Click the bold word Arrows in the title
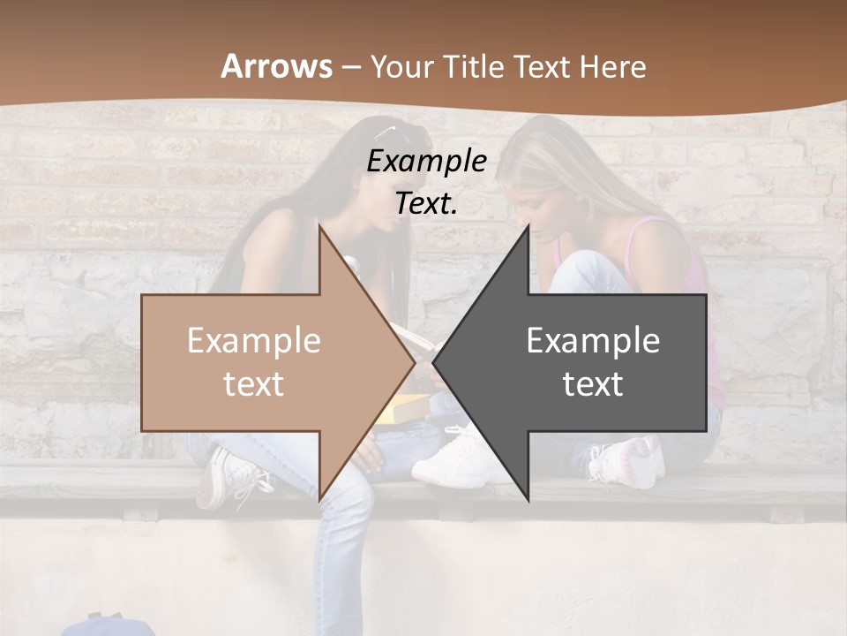click(x=277, y=66)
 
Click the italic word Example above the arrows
click(x=426, y=161)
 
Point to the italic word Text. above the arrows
click(x=426, y=204)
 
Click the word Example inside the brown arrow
click(x=253, y=341)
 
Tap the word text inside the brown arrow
click(x=253, y=384)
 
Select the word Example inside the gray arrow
click(x=593, y=341)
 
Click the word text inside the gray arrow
click(x=593, y=384)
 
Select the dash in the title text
click(x=350, y=67)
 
